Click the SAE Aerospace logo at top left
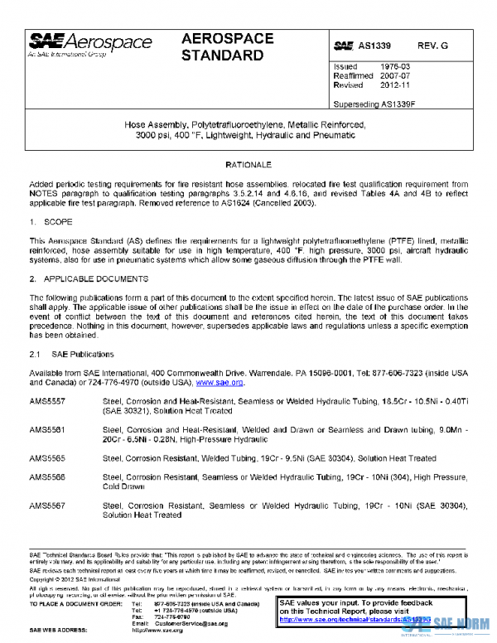coord(91,46)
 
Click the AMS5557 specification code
coord(47,401)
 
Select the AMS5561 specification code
coord(47,429)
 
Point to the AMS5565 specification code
coord(47,457)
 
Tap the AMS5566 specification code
coord(47,476)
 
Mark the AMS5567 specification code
coord(47,505)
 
